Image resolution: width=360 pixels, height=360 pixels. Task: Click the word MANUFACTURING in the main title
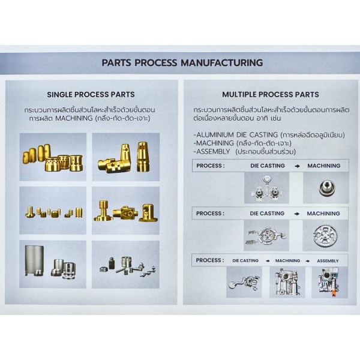pyautogui.click(x=222, y=62)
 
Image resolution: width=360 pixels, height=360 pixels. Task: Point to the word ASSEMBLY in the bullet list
pyautogui.click(x=213, y=152)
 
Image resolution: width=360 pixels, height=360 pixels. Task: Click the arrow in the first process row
pyautogui.click(x=297, y=166)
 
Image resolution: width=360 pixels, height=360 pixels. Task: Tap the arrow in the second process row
pyautogui.click(x=296, y=214)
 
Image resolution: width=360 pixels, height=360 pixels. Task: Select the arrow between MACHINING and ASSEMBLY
pyautogui.click(x=308, y=261)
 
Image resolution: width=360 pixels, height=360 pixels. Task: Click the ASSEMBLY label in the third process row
pyautogui.click(x=328, y=261)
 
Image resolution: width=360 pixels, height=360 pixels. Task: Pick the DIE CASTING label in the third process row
pyautogui.click(x=245, y=261)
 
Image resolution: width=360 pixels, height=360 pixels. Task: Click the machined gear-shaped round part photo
pyautogui.click(x=325, y=235)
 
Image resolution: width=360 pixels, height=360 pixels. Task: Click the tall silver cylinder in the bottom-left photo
pyautogui.click(x=34, y=260)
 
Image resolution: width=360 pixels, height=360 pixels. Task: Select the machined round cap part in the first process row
pyautogui.click(x=326, y=188)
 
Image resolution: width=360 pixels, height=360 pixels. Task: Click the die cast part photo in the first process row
pyautogui.click(x=266, y=188)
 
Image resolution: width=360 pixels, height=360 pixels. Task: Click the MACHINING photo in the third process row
pyautogui.click(x=287, y=282)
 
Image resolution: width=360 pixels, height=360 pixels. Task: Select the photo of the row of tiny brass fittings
pyautogui.click(x=53, y=211)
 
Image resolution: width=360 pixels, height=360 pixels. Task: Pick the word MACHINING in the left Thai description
pyautogui.click(x=74, y=118)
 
